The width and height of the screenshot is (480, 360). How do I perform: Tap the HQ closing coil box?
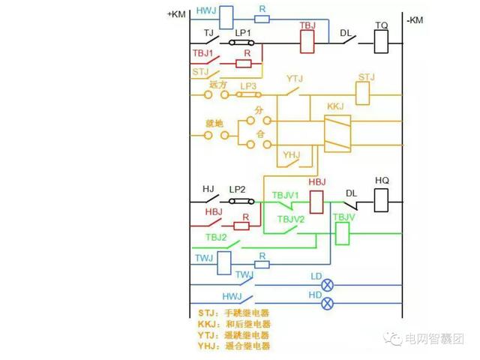(382, 200)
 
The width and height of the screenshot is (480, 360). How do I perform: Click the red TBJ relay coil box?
(307, 41)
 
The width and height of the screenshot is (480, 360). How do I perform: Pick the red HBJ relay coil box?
(316, 201)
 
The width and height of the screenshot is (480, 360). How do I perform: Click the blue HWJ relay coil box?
(226, 16)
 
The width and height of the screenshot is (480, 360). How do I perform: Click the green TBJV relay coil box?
(343, 234)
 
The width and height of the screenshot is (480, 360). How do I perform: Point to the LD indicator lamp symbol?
(327, 285)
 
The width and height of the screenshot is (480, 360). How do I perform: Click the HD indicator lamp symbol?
(327, 303)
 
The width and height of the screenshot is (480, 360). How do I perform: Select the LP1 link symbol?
(241, 43)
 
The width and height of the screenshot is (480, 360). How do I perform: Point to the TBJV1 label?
(286, 193)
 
